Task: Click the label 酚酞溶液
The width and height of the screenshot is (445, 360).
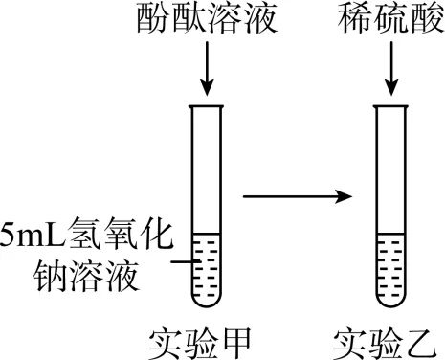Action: tap(206, 20)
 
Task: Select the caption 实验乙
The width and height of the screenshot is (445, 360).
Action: tap(389, 340)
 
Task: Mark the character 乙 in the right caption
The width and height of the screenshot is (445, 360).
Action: tap(422, 340)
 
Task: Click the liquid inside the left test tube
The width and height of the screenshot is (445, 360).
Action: tap(207, 268)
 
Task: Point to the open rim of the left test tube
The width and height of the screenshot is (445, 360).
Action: tap(207, 106)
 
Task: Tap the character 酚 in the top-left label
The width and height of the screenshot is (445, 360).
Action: tap(153, 20)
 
